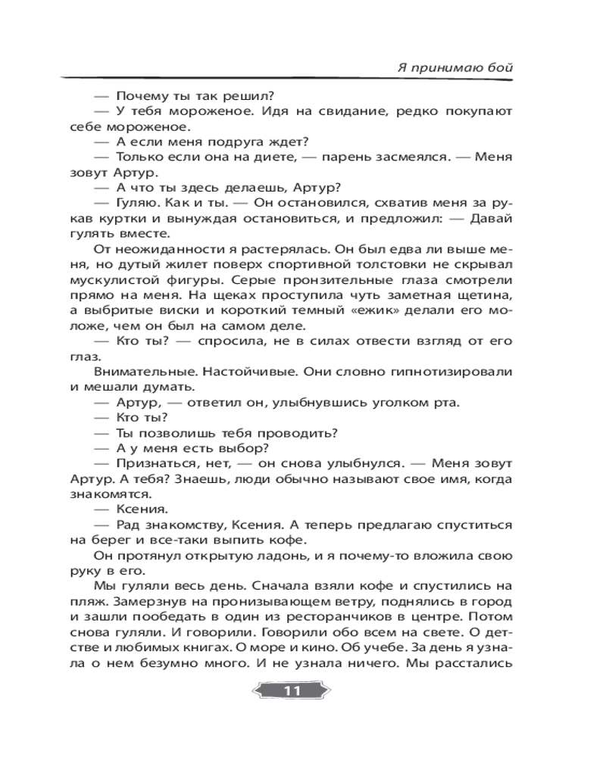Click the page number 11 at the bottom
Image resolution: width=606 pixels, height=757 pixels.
pos(292,691)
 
